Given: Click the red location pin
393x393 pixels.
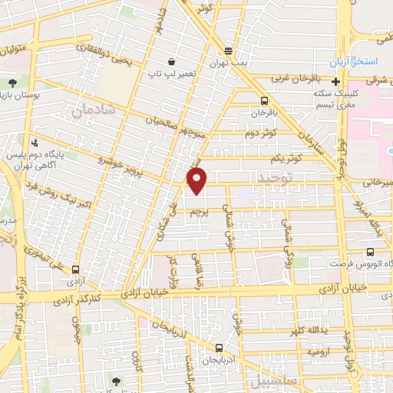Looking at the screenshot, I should pyautogui.click(x=198, y=181).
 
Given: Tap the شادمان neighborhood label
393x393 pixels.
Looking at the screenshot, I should pyautogui.click(x=93, y=111).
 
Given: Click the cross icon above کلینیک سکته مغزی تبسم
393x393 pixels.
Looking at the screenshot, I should pyautogui.click(x=335, y=82).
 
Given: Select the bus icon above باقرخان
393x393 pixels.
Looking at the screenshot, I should pyautogui.click(x=265, y=101).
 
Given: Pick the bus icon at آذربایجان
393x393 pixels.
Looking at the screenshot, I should pyautogui.click(x=219, y=348).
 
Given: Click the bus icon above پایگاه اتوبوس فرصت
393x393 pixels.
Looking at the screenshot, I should pyautogui.click(x=371, y=252).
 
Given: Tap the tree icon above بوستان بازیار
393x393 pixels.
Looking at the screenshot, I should pyautogui.click(x=13, y=83).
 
